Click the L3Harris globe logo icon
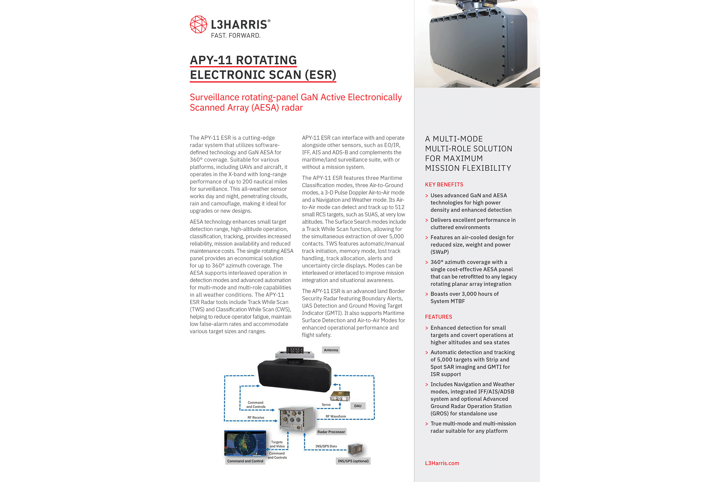click(198, 24)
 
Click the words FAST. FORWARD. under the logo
click(236, 36)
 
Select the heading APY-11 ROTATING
click(243, 60)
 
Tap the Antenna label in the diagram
click(331, 350)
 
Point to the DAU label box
click(358, 406)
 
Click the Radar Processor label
click(331, 432)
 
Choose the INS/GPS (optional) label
click(353, 461)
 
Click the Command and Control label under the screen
click(245, 461)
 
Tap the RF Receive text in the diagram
click(256, 417)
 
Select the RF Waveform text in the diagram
click(336, 416)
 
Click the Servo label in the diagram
click(326, 405)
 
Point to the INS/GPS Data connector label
click(326, 446)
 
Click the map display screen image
click(245, 443)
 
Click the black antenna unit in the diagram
click(294, 375)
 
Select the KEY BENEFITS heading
click(444, 185)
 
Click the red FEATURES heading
click(438, 317)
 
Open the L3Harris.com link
click(442, 463)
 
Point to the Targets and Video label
click(277, 444)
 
